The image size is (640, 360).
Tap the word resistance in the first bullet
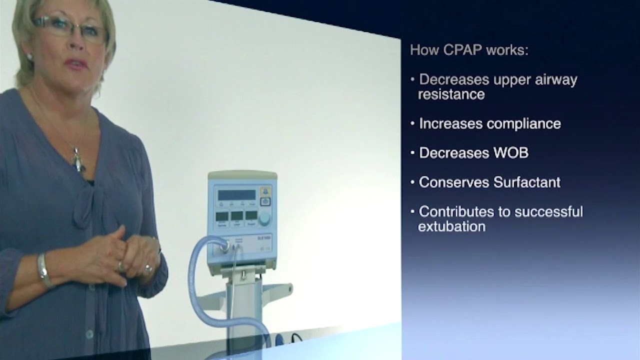[x=451, y=94]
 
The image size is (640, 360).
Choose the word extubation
[x=451, y=226]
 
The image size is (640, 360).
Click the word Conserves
[x=453, y=182]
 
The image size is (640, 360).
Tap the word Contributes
[x=459, y=211]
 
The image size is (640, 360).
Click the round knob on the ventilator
[x=264, y=218]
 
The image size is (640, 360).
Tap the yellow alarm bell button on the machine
[x=265, y=191]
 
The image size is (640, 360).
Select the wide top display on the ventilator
[x=236, y=195]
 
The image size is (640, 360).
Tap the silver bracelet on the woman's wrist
[x=44, y=270]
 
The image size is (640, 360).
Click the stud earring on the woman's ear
[x=29, y=57]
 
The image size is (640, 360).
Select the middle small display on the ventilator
[x=237, y=216]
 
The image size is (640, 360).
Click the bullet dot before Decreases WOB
[x=412, y=152]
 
